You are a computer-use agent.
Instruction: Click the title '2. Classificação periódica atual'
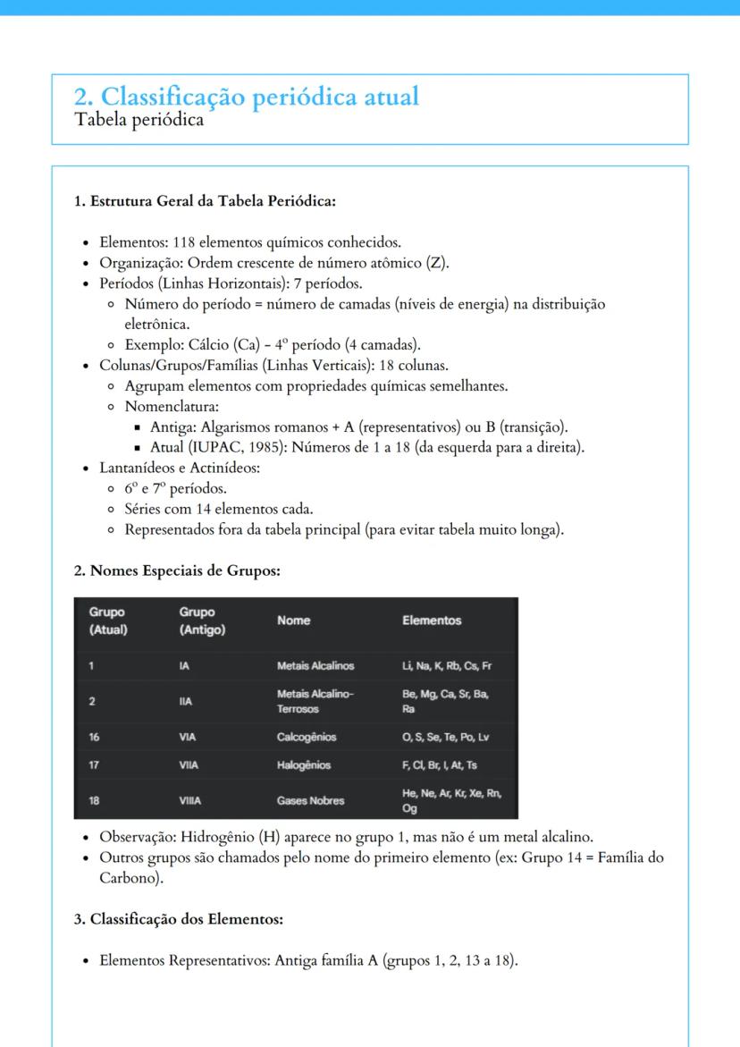click(x=246, y=97)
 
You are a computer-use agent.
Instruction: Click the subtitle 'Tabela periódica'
click(x=139, y=120)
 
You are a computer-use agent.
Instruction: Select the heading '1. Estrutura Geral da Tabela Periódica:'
click(x=204, y=200)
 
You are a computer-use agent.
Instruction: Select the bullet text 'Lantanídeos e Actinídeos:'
click(x=179, y=468)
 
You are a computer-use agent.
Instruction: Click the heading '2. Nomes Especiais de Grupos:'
click(x=177, y=570)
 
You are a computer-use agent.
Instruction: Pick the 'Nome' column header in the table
click(x=293, y=621)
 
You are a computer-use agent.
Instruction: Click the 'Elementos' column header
click(x=432, y=621)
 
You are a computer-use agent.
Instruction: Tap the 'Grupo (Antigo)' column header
click(x=202, y=621)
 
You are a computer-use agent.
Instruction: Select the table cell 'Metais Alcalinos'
click(x=315, y=666)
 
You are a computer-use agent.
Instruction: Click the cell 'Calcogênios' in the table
click(x=307, y=738)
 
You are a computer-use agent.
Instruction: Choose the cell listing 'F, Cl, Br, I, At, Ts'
click(x=440, y=765)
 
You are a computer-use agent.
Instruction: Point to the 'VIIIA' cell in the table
click(x=190, y=801)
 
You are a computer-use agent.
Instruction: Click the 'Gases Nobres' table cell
click(x=310, y=801)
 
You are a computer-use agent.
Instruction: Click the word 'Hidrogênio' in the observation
click(x=216, y=837)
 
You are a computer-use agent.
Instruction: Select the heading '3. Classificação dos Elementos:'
click(x=178, y=918)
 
